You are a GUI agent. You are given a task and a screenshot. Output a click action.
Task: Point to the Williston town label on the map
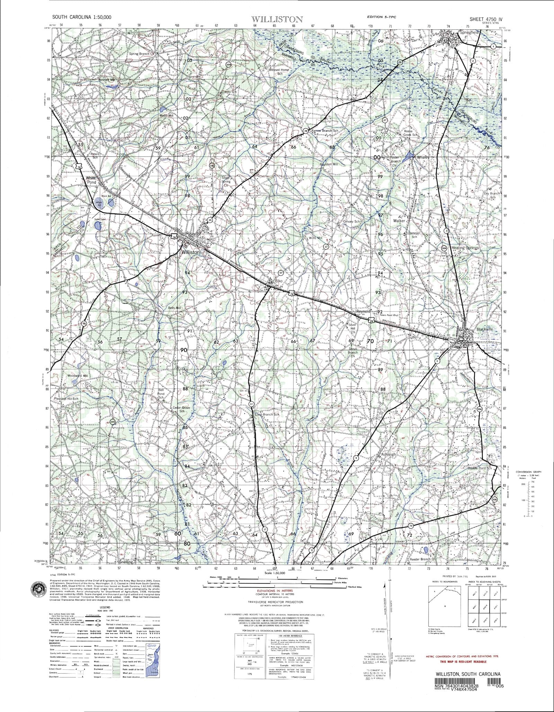[x=191, y=253]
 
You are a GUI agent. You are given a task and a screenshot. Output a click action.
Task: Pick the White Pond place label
[x=91, y=180]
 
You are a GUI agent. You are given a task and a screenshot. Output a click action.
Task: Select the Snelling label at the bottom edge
[x=125, y=562]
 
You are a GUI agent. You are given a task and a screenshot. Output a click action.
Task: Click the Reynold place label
[x=363, y=312]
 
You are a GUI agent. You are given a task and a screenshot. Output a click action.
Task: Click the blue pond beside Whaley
[x=410, y=155]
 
